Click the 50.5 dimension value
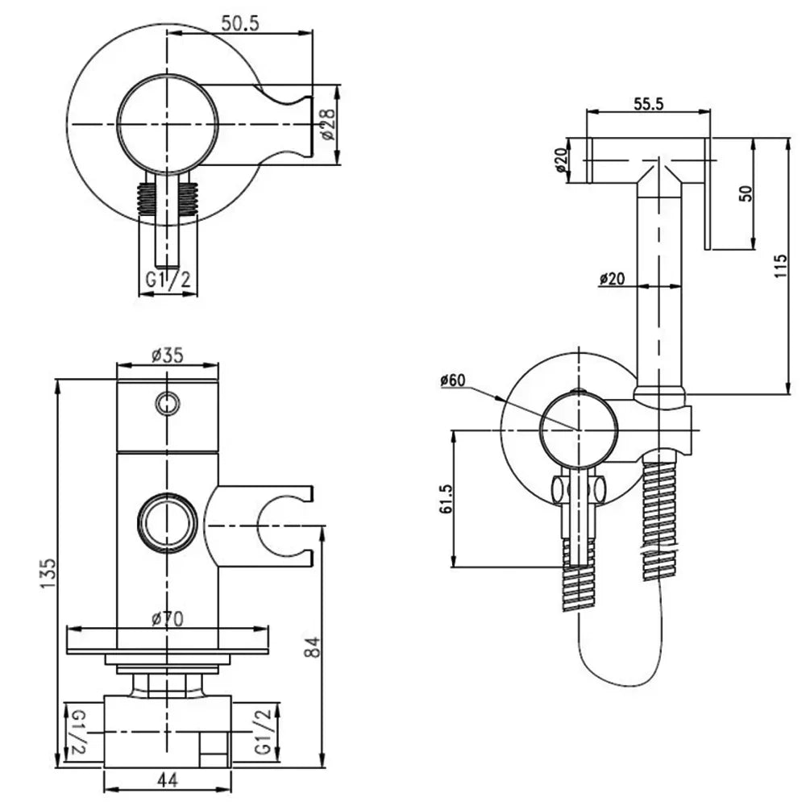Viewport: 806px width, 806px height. pyautogui.click(x=239, y=24)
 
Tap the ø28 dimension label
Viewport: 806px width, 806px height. pyautogui.click(x=328, y=124)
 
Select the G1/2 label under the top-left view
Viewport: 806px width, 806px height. pyautogui.click(x=168, y=280)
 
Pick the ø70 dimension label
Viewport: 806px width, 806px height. pyautogui.click(x=167, y=619)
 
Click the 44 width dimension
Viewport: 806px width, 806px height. pyautogui.click(x=168, y=780)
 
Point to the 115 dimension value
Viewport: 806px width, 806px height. pyautogui.click(x=779, y=266)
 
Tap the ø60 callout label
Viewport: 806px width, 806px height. pyautogui.click(x=454, y=380)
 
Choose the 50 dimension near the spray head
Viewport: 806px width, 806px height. pyautogui.click(x=745, y=193)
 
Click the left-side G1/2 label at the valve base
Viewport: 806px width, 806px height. pyautogui.click(x=77, y=729)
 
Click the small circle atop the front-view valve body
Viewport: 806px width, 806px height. pyautogui.click(x=168, y=401)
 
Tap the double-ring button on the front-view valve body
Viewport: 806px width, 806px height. pyautogui.click(x=168, y=521)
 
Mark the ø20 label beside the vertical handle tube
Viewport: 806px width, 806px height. pyautogui.click(x=613, y=279)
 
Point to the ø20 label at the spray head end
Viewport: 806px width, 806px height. pyautogui.click(x=562, y=160)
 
